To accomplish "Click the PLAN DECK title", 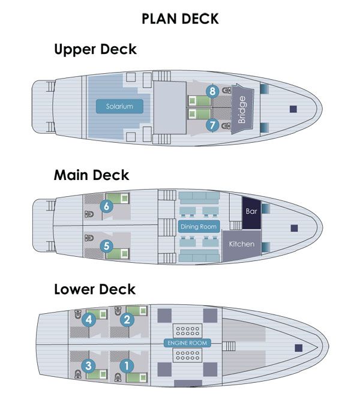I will click(180, 19).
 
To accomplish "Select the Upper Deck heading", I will click(95, 49).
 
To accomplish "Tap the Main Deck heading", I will click(91, 175).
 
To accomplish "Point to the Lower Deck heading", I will click(95, 289).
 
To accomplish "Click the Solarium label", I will click(120, 107).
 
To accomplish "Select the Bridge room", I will click(243, 109).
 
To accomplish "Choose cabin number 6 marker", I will click(107, 206).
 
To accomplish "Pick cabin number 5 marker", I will click(107, 245).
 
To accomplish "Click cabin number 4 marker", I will click(89, 320).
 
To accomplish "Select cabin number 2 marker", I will click(127, 320).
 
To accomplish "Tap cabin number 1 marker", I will click(127, 364).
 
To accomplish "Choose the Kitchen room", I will click(242, 244).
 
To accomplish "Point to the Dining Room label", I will click(198, 227).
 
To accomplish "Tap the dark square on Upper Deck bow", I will click(293, 109).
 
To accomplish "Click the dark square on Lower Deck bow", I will click(298, 347).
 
